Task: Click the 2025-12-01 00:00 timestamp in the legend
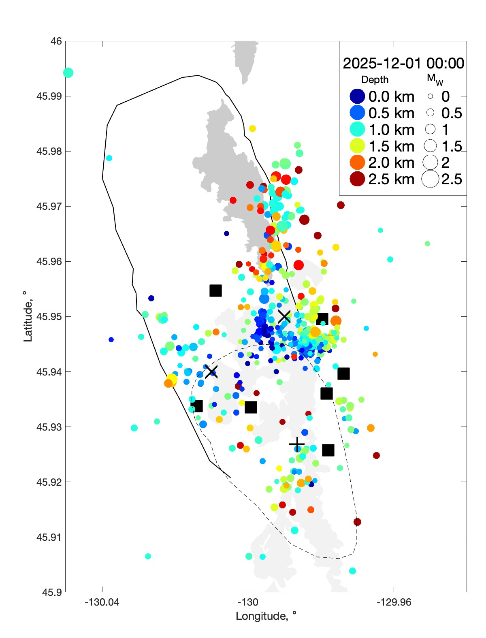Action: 403,64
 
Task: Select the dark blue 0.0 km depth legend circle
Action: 357,96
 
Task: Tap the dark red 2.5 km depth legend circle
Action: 357,179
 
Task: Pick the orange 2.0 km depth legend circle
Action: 357,162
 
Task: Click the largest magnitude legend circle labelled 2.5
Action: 430,179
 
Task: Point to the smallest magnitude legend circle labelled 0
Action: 430,96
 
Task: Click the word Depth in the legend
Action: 375,80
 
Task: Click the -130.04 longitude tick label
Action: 102,602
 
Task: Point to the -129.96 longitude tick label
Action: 394,602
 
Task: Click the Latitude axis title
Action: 28,316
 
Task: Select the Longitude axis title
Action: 266,616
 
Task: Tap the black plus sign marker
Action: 297,444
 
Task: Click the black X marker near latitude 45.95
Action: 284,316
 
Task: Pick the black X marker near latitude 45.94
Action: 211,371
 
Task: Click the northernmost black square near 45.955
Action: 215,290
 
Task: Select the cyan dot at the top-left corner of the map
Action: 68,73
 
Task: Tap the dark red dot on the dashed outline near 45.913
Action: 357,522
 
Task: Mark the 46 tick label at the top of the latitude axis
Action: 56,41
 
